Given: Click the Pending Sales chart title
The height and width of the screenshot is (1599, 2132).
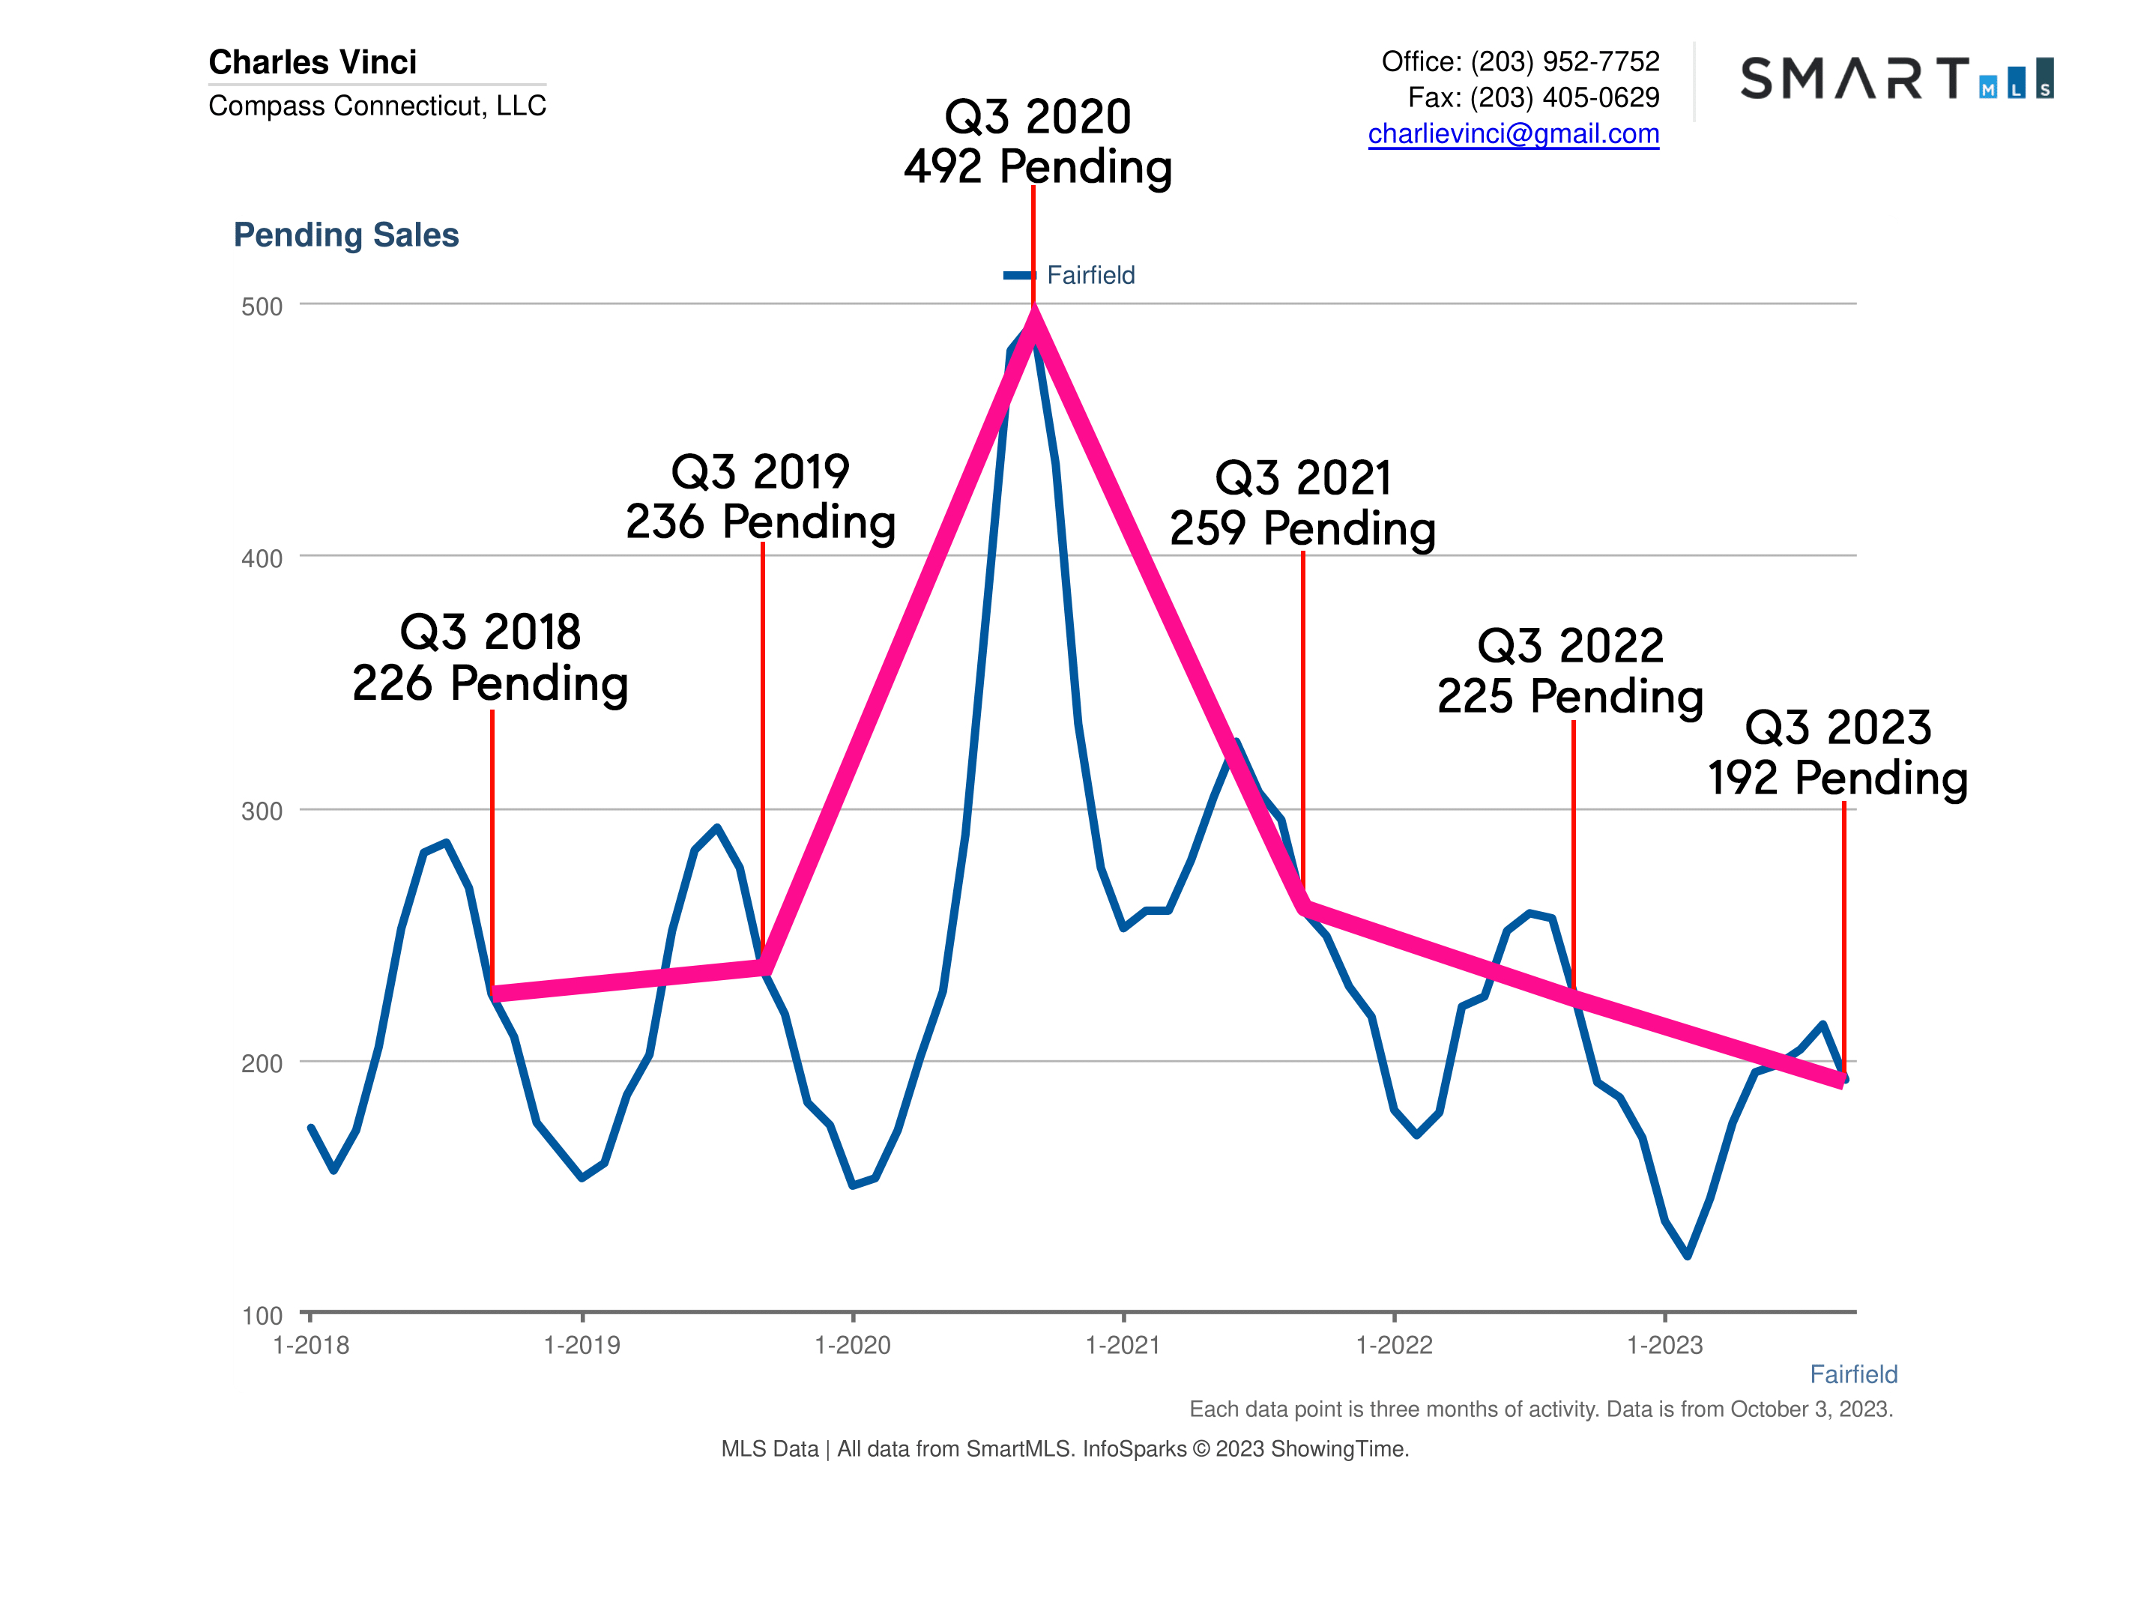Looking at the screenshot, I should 346,235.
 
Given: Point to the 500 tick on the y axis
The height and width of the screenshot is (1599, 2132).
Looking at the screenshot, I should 262,306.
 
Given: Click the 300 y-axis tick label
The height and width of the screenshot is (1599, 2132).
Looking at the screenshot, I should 262,811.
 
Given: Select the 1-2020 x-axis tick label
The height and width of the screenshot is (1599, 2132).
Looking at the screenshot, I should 852,1346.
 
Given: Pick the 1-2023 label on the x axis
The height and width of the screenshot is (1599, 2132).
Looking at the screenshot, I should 1664,1346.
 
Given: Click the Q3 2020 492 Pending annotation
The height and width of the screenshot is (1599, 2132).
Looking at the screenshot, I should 1037,142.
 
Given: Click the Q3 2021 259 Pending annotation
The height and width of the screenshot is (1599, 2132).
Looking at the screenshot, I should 1302,503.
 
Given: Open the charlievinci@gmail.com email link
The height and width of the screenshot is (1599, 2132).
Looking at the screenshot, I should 1513,134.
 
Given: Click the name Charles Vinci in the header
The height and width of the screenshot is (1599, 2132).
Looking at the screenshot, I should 312,61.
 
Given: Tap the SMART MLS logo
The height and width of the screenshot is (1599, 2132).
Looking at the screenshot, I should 1896,78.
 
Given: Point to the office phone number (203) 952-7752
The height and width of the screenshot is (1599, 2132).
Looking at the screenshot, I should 1564,61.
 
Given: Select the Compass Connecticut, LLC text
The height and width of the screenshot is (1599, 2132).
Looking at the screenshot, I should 377,105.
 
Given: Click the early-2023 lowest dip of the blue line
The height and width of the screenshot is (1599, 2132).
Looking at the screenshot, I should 1688,1255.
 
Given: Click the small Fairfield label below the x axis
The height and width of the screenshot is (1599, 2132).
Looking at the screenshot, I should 1852,1374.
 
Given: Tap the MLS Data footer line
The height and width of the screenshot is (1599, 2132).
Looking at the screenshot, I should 1065,1448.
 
